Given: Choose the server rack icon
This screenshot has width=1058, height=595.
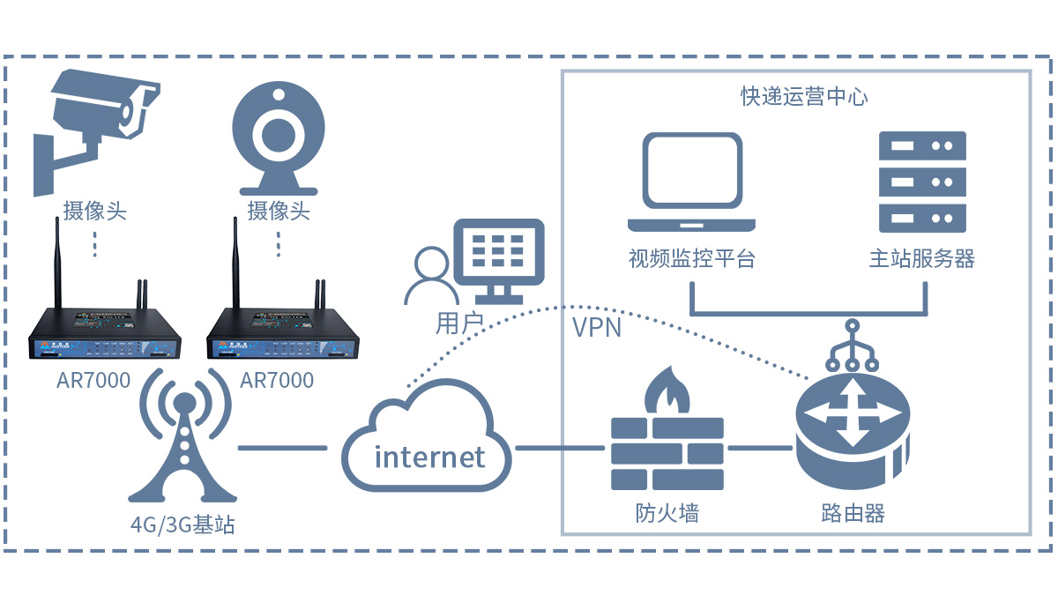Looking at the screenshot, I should pyautogui.click(x=922, y=181).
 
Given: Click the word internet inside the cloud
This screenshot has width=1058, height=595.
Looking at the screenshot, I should pyautogui.click(x=429, y=457).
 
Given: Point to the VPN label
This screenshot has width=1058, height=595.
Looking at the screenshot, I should pyautogui.click(x=597, y=329).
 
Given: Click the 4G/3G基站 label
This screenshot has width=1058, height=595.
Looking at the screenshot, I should pyautogui.click(x=183, y=525).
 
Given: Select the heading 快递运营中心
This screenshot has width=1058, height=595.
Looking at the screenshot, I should pyautogui.click(x=803, y=96).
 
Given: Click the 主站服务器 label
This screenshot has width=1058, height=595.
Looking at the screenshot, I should pyautogui.click(x=922, y=259).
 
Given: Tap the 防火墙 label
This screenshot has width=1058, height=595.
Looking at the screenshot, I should pyautogui.click(x=667, y=513).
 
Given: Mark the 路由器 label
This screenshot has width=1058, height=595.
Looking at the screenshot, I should pyautogui.click(x=852, y=513).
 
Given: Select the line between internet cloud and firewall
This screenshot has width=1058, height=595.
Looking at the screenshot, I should pyautogui.click(x=560, y=448).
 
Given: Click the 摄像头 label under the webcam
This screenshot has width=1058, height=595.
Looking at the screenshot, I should pyautogui.click(x=279, y=212).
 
